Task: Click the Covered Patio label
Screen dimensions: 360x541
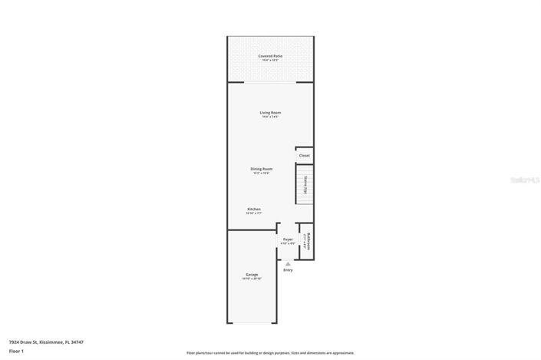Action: (x=269, y=56)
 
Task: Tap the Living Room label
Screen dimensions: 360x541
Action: (x=269, y=113)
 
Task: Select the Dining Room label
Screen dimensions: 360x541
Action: (x=261, y=169)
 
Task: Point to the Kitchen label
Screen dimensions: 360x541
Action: (x=253, y=210)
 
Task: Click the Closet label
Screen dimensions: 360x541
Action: (x=304, y=156)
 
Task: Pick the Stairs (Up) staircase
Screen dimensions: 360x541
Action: (x=304, y=185)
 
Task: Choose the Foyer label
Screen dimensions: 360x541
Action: (x=288, y=239)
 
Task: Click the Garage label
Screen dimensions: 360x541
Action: (x=251, y=274)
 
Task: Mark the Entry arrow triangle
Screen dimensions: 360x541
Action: (x=288, y=263)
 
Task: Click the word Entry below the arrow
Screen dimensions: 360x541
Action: (x=288, y=270)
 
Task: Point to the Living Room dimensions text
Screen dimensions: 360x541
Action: (x=269, y=117)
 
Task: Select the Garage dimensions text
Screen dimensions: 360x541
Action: (x=251, y=279)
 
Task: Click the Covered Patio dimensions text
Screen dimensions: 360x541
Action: (x=269, y=61)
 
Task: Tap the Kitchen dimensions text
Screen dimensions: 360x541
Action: (x=253, y=214)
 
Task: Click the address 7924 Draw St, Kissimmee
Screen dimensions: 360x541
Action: (x=46, y=342)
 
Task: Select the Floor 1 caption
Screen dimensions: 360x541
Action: (x=16, y=351)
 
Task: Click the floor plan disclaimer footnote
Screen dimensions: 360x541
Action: (x=269, y=353)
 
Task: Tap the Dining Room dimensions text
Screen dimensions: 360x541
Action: (x=261, y=173)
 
